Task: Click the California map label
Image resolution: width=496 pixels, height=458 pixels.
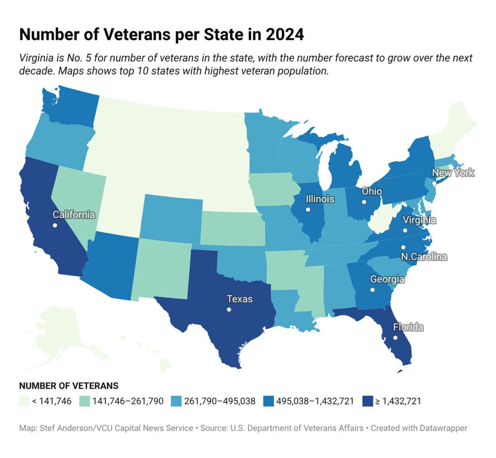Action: click(74, 215)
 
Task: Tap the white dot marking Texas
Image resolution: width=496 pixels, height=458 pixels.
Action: click(229, 310)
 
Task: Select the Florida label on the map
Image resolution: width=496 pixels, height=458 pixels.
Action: click(408, 327)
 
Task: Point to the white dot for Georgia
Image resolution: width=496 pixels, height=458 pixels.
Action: click(372, 290)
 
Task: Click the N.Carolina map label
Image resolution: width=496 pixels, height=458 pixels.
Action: click(424, 256)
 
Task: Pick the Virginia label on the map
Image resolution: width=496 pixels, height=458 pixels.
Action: click(419, 220)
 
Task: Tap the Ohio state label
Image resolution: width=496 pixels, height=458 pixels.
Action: click(372, 191)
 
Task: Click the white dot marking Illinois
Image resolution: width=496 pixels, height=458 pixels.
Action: click(308, 209)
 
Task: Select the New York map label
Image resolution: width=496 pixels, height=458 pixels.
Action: click(453, 173)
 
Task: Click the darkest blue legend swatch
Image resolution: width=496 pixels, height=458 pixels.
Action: click(368, 401)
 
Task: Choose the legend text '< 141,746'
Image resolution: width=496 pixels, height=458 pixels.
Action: click(51, 401)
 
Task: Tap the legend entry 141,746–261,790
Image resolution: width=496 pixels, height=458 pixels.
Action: click(128, 401)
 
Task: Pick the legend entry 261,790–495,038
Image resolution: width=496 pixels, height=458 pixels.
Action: click(220, 401)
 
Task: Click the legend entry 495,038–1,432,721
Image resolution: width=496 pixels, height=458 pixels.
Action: click(315, 401)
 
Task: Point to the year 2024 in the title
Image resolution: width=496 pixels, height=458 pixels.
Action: click(285, 34)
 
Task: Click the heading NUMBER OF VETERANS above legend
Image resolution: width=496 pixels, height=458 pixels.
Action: click(69, 386)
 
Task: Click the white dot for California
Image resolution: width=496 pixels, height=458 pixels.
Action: click(55, 225)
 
